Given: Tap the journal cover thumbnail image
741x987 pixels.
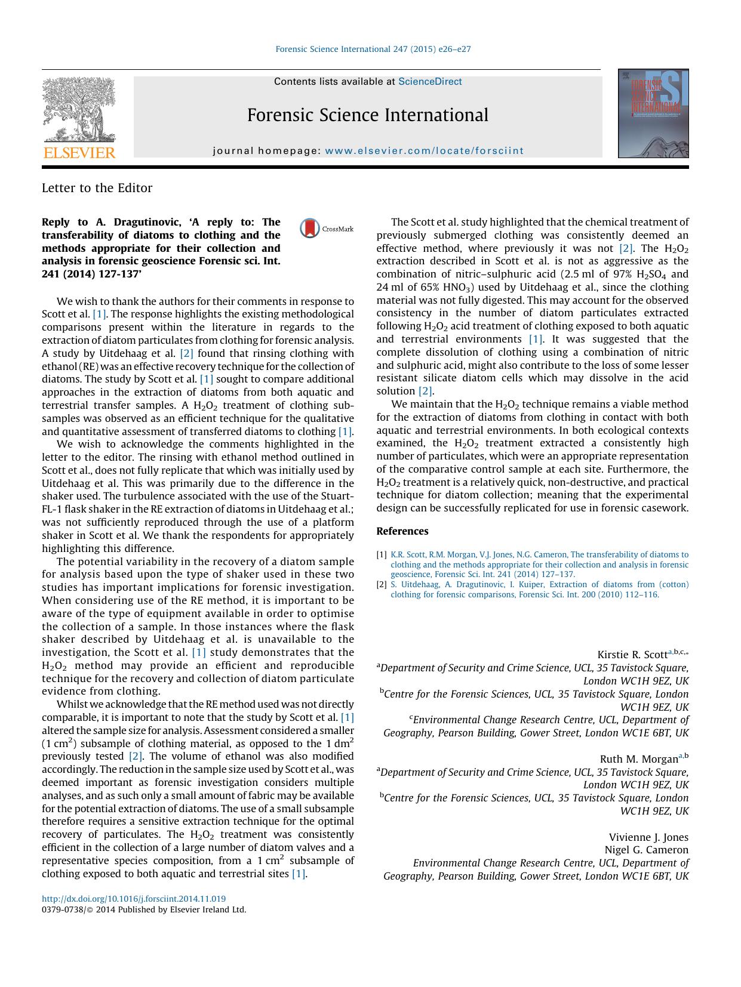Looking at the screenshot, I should coord(653,113).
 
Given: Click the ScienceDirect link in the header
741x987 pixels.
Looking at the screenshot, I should coord(430,82).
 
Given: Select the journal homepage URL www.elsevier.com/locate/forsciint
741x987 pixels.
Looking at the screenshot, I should coord(424,151).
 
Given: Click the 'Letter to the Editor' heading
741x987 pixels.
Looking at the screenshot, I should coord(97,188).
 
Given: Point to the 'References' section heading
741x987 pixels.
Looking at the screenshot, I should coord(402,531).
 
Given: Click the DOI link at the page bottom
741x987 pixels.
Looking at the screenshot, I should coord(134,899).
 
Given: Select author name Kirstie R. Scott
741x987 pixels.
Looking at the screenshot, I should coord(632,655).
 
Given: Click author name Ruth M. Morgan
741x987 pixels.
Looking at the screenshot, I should coord(638,759).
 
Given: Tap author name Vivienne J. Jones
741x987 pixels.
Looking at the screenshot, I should coord(648,837).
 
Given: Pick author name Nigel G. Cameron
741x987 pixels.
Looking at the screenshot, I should coord(647,850).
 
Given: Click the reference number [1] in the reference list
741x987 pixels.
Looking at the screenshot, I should coord(382,555).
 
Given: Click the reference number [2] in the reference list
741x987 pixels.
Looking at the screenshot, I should coord(382,585).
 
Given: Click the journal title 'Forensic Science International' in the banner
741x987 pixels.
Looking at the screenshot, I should coord(367,115).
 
